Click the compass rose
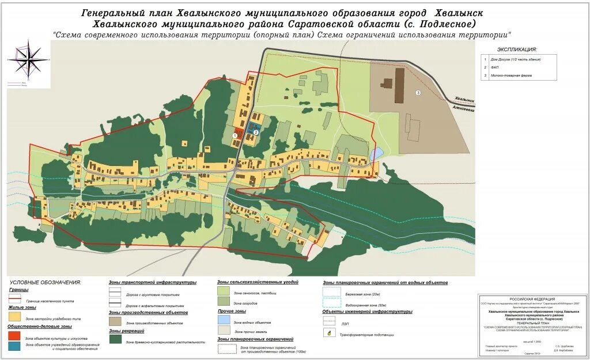tap(28, 60)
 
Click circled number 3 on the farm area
tap(418, 92)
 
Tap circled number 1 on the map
tap(235, 134)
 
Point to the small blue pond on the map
tap(376, 154)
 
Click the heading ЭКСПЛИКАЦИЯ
tap(517, 50)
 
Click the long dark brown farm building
tap(399, 85)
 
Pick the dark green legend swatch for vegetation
tap(115, 340)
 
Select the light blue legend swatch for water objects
tap(224, 320)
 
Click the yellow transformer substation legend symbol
tap(329, 333)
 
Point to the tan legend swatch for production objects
tap(115, 321)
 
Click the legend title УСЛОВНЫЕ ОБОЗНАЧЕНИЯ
tap(45, 282)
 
